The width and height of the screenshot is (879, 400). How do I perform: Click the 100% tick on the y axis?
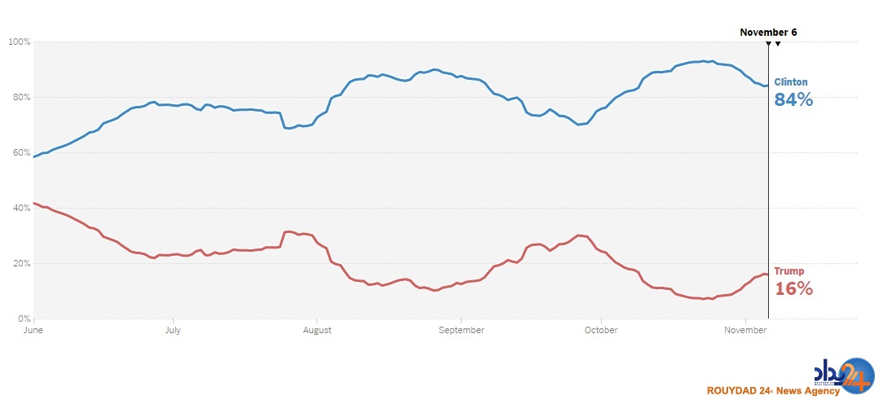(x=19, y=42)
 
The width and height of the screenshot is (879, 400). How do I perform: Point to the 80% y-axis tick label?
(x=20, y=97)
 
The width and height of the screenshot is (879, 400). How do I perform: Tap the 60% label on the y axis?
(x=20, y=152)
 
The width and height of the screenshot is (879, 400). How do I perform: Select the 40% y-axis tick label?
(x=20, y=208)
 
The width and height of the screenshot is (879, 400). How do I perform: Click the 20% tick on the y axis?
(x=20, y=263)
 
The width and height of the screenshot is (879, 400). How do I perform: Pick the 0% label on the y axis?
(x=24, y=319)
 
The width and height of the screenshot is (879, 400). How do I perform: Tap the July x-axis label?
(x=173, y=330)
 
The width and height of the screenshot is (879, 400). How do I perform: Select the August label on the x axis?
(x=316, y=330)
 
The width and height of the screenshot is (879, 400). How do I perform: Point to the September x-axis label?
(x=462, y=330)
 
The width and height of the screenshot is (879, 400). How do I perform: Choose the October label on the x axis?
(x=601, y=330)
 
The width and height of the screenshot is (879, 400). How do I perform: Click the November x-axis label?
(x=746, y=330)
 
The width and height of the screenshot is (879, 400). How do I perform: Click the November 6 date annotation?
(x=768, y=33)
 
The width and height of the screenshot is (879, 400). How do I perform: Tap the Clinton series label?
(x=791, y=82)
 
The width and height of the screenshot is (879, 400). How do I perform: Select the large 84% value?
(x=793, y=100)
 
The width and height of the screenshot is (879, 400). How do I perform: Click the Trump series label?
(x=788, y=271)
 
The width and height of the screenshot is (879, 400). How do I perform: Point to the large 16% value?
(x=793, y=288)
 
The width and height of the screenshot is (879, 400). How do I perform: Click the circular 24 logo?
(x=853, y=376)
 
